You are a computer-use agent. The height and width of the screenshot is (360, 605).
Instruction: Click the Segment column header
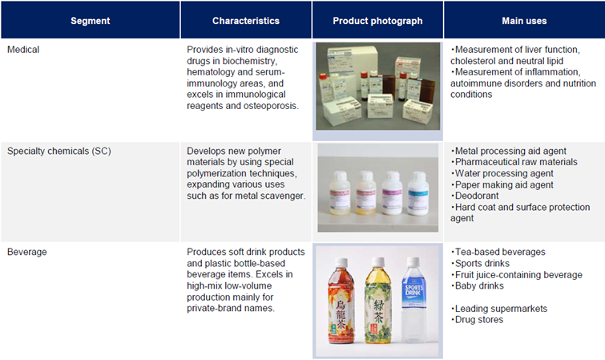pos(91,21)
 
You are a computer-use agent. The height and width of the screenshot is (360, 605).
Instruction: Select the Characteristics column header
pos(246,21)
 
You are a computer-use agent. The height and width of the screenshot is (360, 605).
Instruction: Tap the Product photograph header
pos(377,21)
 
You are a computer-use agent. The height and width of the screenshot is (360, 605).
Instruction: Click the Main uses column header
pos(524,21)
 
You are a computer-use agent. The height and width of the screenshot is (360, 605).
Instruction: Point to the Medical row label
pos(23,50)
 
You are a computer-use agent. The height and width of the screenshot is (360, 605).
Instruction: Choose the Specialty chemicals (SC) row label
pos(59,151)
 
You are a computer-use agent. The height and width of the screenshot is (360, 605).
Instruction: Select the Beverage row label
pos(27,252)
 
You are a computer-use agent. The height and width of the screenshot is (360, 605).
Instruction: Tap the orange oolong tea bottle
pos(341,301)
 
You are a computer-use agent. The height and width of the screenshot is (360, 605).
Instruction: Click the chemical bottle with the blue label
pos(417,193)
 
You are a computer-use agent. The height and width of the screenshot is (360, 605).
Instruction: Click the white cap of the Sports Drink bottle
pos(413,261)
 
